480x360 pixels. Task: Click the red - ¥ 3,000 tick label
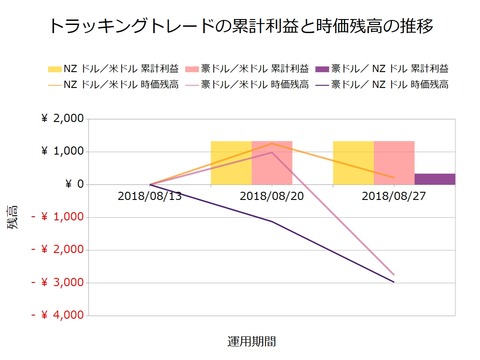coord(56,283)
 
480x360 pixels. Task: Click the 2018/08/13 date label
coord(150,198)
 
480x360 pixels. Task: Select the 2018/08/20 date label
coord(272,198)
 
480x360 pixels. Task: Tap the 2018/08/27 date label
coord(394,198)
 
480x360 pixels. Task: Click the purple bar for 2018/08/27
coord(434,179)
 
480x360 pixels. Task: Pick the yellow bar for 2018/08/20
coord(231,163)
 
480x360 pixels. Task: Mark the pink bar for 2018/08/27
coord(394,163)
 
